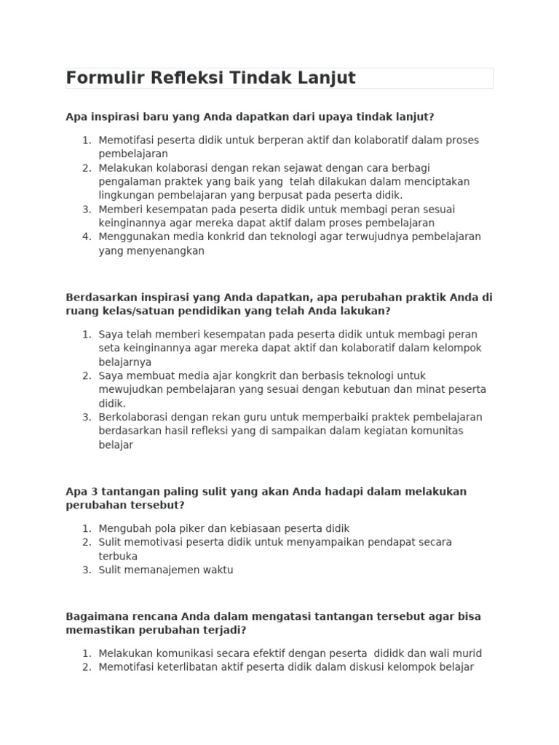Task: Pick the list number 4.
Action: [x=87, y=236]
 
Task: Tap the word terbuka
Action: [x=118, y=556]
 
